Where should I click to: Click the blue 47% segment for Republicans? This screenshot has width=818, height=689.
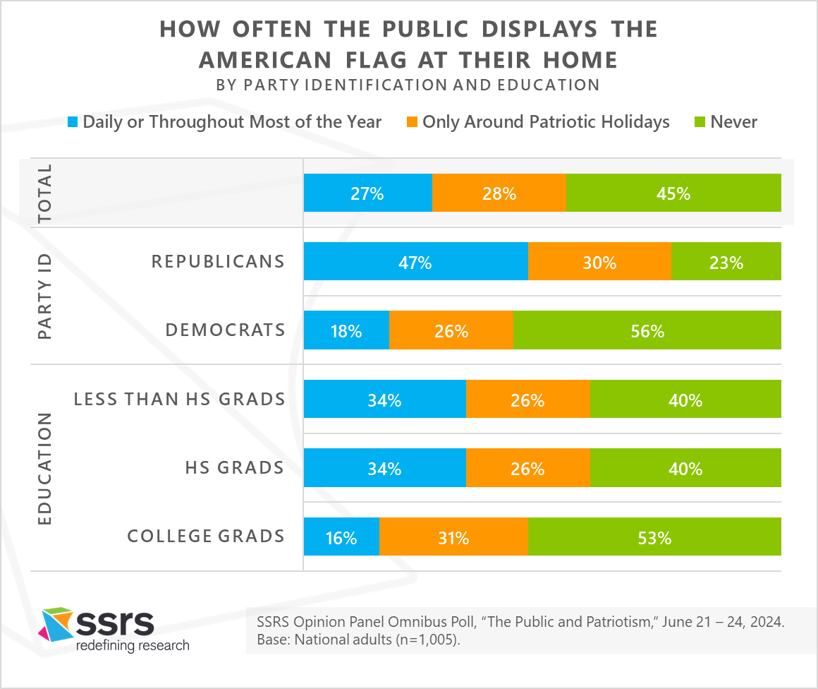click(x=416, y=261)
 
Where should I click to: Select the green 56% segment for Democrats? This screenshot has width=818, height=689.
click(x=647, y=330)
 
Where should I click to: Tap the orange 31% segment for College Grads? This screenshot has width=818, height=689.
click(x=453, y=537)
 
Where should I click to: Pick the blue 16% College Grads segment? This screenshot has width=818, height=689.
click(x=342, y=537)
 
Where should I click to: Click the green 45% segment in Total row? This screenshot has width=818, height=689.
click(x=673, y=193)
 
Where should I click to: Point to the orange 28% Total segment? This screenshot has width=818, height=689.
click(x=499, y=193)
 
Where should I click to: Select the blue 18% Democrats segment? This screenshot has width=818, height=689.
click(x=346, y=330)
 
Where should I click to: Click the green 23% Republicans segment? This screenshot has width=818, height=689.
click(x=726, y=261)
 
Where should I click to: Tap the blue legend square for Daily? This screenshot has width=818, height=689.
click(x=73, y=121)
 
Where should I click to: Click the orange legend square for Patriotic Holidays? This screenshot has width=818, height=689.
click(x=412, y=121)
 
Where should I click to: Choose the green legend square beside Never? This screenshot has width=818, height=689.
click(x=700, y=121)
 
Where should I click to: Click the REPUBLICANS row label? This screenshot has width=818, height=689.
click(x=218, y=261)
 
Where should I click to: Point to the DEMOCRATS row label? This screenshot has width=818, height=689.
click(x=226, y=330)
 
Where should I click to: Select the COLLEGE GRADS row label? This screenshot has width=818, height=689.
click(x=206, y=536)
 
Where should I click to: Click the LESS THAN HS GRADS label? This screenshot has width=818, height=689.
click(x=179, y=399)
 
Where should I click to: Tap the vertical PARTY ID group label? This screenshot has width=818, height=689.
click(x=45, y=296)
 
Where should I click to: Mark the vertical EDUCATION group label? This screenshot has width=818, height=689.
click(x=45, y=469)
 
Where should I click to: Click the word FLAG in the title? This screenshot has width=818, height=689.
click(x=376, y=60)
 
